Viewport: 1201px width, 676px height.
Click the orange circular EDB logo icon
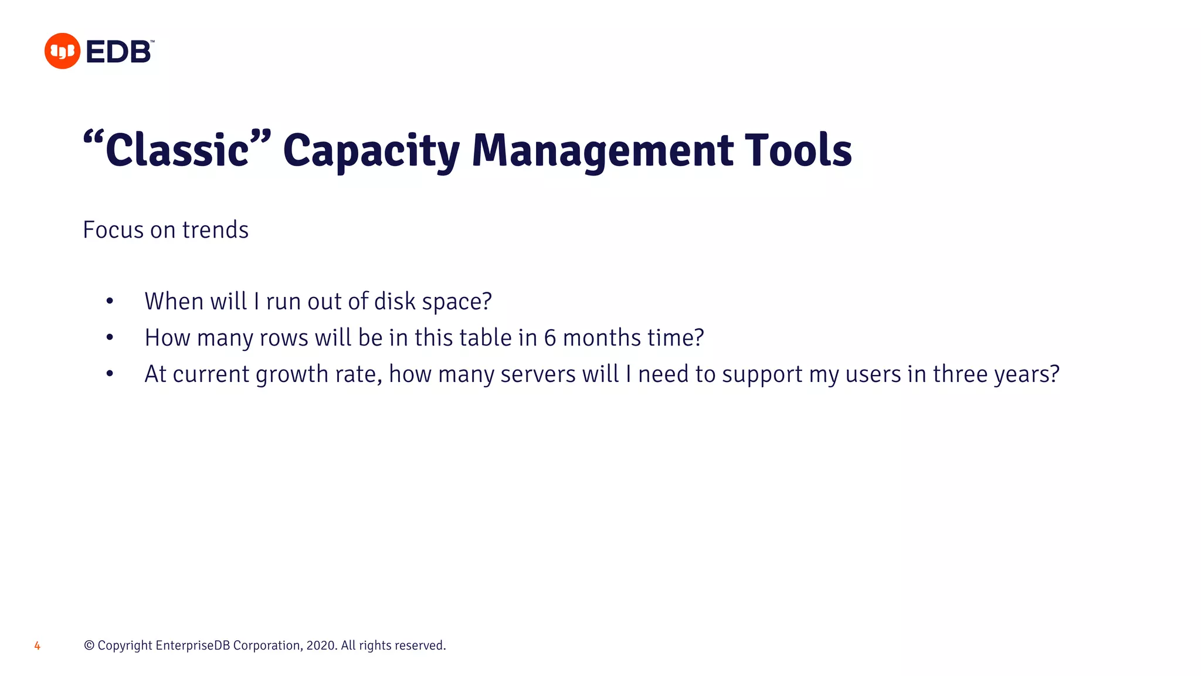62,51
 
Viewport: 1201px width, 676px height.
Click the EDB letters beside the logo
119,52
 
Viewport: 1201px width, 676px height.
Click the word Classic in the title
177,150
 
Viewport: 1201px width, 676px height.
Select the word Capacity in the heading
371,151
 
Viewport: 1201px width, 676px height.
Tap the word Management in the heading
602,151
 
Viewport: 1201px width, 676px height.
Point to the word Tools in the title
798,150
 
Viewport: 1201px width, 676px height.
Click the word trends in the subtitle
215,229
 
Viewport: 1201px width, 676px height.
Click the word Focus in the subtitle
113,229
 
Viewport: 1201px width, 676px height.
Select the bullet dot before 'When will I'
110,302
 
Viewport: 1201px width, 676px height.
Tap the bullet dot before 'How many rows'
110,338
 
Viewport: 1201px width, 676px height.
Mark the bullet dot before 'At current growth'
110,374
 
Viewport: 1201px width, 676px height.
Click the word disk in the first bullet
395,301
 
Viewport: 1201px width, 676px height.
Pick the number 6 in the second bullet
549,338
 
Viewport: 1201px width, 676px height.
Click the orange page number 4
37,645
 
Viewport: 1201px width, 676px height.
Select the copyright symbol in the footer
89,645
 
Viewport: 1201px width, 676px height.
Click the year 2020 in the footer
320,645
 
